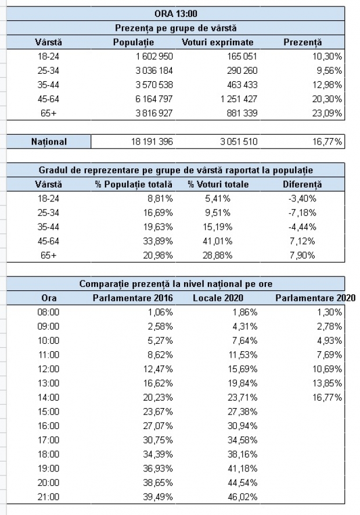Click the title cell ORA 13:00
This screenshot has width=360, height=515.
(176, 14)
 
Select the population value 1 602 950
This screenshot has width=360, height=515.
(154, 56)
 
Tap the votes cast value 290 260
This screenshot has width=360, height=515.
(242, 71)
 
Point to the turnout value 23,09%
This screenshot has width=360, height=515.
(327, 113)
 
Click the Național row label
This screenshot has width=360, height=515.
(49, 142)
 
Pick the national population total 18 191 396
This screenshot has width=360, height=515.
(152, 142)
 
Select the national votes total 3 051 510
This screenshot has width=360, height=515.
(239, 142)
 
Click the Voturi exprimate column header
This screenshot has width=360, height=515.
(217, 42)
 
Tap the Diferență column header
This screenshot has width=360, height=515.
(302, 184)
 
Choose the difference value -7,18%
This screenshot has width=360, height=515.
(301, 213)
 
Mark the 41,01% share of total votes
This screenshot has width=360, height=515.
(217, 241)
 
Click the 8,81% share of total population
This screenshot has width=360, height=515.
(158, 199)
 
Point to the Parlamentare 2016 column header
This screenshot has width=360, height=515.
(133, 298)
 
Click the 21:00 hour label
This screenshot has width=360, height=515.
(48, 496)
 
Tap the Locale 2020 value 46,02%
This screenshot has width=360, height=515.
(243, 496)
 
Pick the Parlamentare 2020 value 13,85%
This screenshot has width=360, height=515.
(327, 383)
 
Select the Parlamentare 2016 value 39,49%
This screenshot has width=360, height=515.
(158, 496)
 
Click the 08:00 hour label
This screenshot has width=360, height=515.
(48, 312)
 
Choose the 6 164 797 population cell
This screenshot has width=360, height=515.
(154, 99)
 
